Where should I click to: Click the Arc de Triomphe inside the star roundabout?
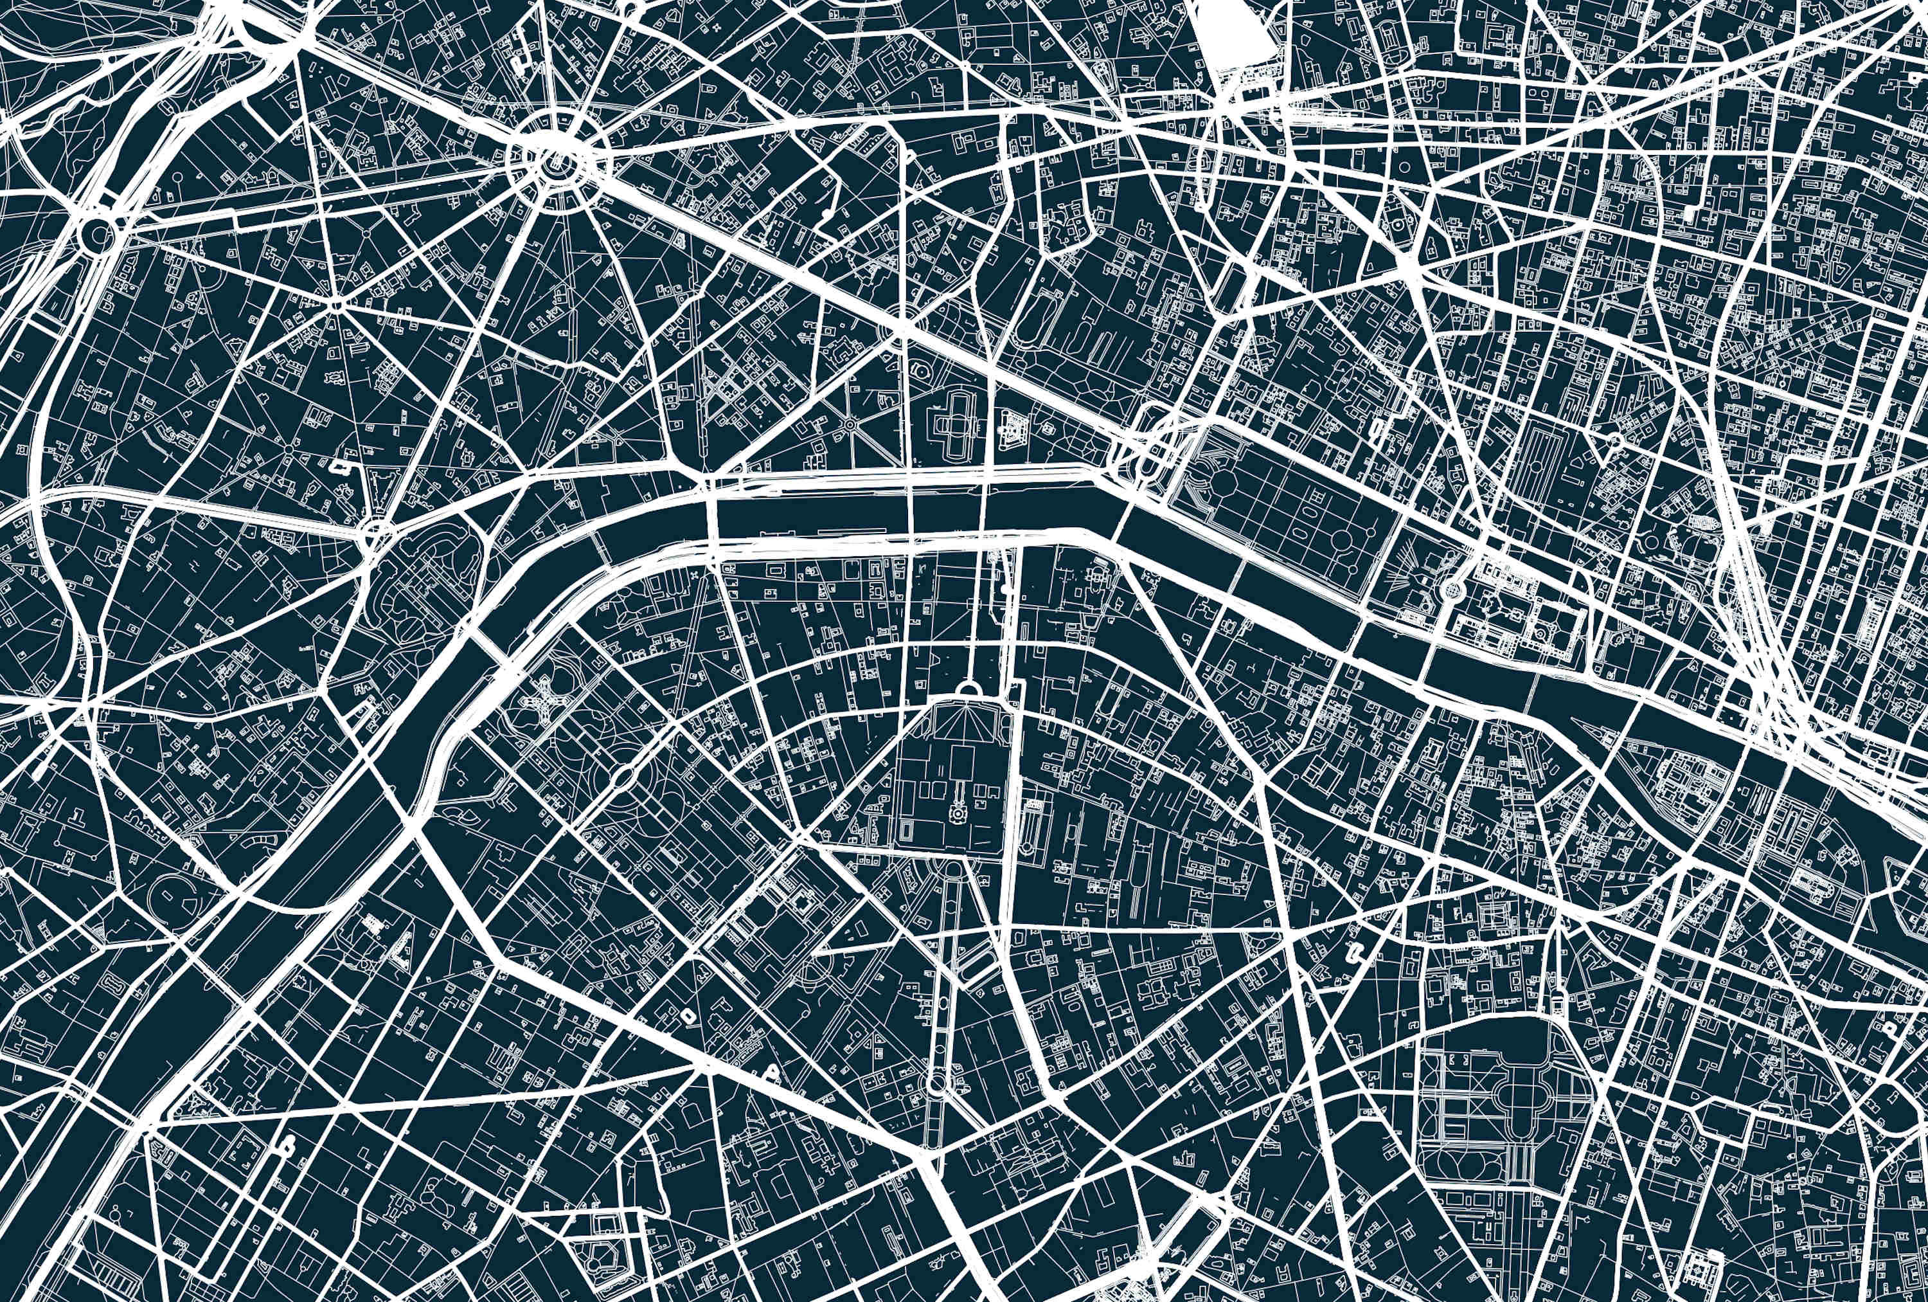(x=555, y=165)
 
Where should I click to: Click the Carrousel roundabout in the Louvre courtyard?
(x=1452, y=590)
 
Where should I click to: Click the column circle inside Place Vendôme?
(x=1398, y=224)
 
